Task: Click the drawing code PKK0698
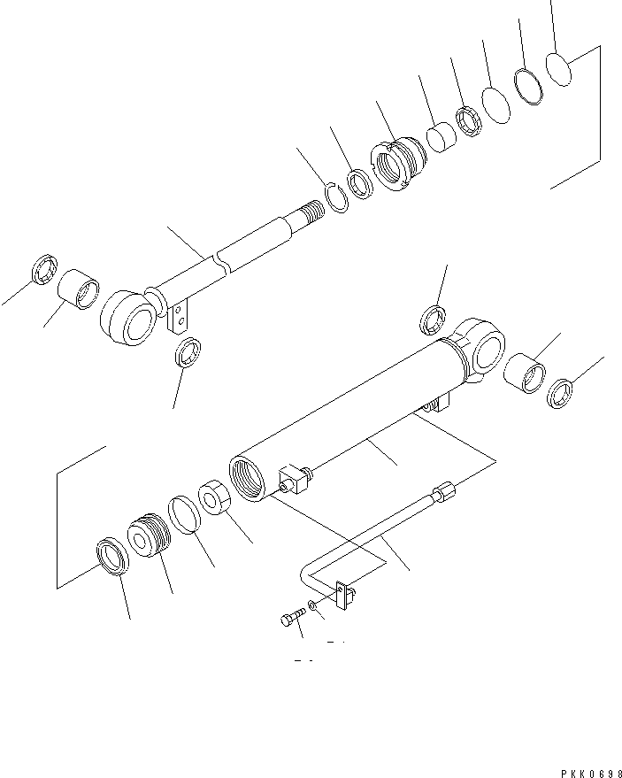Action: coord(591,774)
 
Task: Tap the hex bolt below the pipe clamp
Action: coord(293,617)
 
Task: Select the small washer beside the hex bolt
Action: coord(311,605)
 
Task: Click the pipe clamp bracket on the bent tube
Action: coord(345,595)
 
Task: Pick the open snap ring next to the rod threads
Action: coord(337,197)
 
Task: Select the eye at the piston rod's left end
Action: coord(128,318)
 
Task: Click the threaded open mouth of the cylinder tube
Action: coord(247,478)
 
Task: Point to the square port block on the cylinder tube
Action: coord(295,479)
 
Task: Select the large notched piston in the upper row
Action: coord(398,164)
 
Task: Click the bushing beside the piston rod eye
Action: coord(79,289)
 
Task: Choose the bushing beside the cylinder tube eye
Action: coord(525,374)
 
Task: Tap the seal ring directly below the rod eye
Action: coord(188,352)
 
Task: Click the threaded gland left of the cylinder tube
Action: coord(149,535)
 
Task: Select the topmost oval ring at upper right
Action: coord(558,69)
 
